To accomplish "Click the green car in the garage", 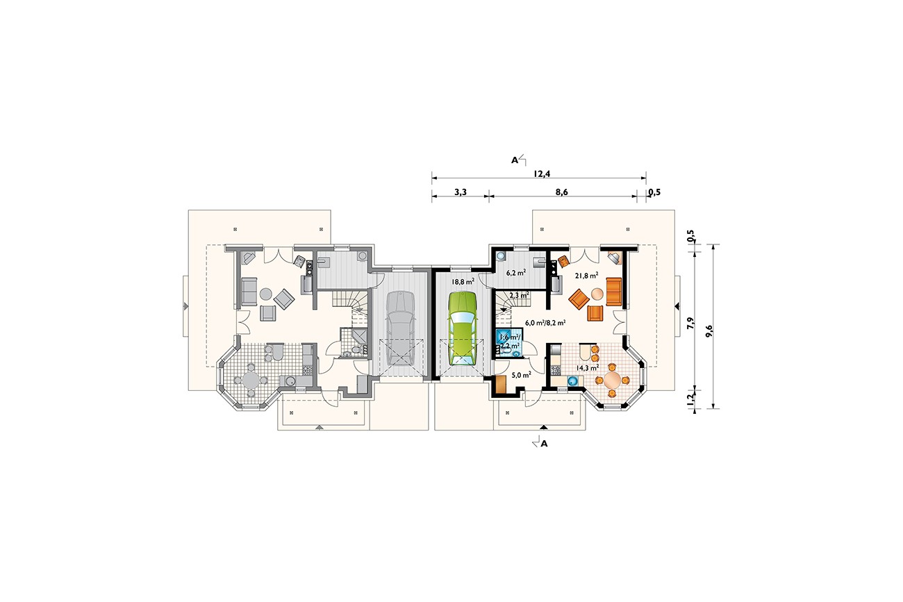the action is (463, 328).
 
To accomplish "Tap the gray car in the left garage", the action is (400, 328).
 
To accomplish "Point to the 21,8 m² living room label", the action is (586, 276).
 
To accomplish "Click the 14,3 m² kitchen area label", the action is (587, 367).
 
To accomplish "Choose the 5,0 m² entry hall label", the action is (521, 375).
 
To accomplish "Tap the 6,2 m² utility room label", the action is (516, 273).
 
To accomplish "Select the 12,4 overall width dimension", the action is (542, 174).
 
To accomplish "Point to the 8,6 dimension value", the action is (561, 192).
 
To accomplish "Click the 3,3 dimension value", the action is (461, 192).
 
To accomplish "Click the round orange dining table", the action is (613, 380).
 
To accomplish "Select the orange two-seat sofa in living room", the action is (613, 292).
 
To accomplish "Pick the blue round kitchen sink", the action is (572, 380).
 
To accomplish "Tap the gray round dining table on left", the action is (251, 380).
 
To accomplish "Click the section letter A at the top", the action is (514, 160).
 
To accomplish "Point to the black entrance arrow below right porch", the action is (543, 427).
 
